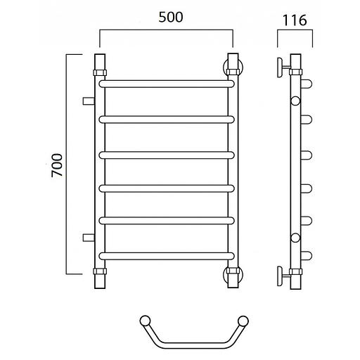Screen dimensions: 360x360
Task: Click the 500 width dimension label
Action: tap(171, 17)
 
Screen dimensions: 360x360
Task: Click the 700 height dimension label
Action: tap(57, 165)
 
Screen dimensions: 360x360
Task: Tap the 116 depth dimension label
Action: tap(295, 20)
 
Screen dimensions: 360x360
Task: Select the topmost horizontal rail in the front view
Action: tap(167, 84)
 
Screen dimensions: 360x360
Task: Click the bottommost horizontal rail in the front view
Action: tap(167, 256)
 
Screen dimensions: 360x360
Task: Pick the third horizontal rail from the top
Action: tap(167, 155)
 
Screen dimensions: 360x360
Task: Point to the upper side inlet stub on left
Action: tap(89, 101)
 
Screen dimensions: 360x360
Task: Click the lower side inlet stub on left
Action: tap(89, 238)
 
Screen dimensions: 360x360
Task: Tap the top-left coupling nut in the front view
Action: tap(100, 72)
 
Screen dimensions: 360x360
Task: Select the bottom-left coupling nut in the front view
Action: tap(100, 271)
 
